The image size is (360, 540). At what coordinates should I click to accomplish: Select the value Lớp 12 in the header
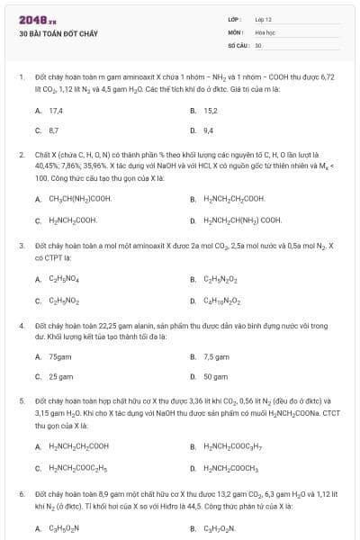click(x=264, y=18)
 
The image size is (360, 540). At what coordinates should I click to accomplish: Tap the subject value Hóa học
click(x=264, y=31)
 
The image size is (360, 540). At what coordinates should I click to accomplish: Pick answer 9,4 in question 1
click(x=209, y=130)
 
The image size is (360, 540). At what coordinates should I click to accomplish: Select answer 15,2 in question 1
click(x=211, y=110)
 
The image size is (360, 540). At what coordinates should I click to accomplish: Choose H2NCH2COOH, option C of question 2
click(x=73, y=220)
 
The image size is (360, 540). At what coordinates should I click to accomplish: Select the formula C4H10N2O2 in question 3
click(x=222, y=299)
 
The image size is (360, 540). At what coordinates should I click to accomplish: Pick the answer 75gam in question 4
click(x=60, y=356)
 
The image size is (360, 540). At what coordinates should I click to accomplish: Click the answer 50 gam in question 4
click(x=215, y=377)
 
